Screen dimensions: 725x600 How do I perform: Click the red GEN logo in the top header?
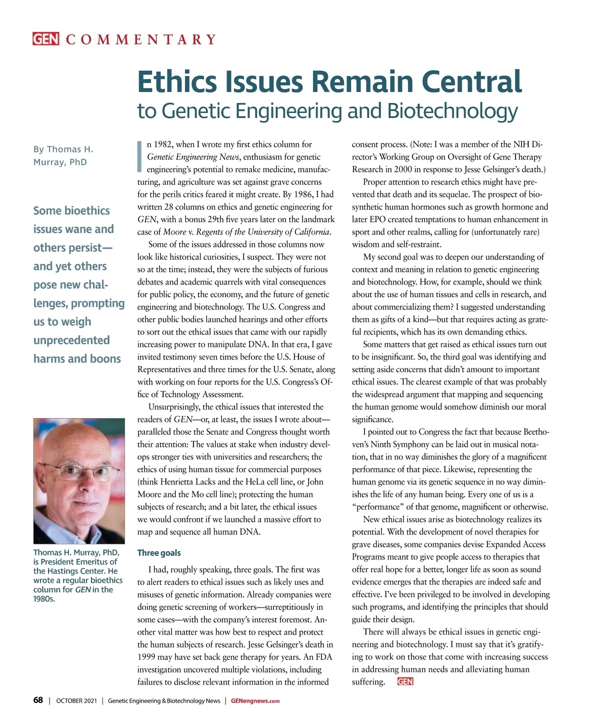[45, 39]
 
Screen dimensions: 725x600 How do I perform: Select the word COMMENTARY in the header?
[141, 39]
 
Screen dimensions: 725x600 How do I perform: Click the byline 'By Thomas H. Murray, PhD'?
[63, 155]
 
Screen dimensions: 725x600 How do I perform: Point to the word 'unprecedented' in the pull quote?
[71, 340]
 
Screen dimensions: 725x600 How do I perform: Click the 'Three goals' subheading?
[159, 553]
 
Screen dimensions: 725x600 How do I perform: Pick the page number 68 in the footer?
[38, 700]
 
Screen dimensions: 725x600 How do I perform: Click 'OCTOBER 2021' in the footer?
[76, 701]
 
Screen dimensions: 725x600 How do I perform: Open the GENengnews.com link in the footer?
[255, 701]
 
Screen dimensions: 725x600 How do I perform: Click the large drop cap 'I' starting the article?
[140, 156]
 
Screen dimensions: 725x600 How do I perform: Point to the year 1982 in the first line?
[162, 144]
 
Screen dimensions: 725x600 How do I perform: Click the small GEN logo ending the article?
[405, 681]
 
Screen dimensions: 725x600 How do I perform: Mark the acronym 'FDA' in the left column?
[324, 657]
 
